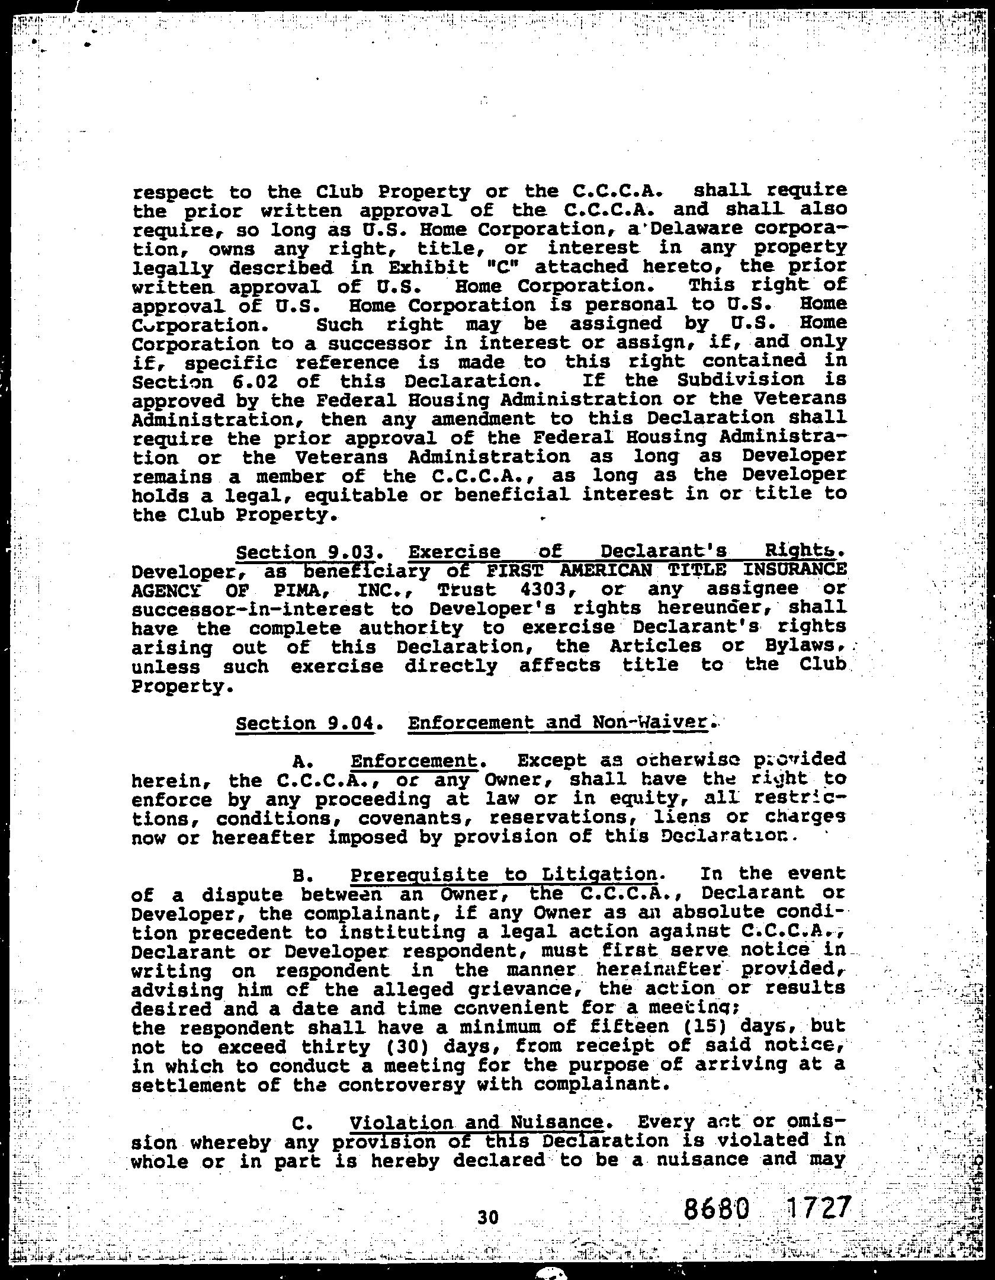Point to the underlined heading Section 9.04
pos(305,724)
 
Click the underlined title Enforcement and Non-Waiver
pos(558,722)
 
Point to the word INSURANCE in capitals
pos(794,569)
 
